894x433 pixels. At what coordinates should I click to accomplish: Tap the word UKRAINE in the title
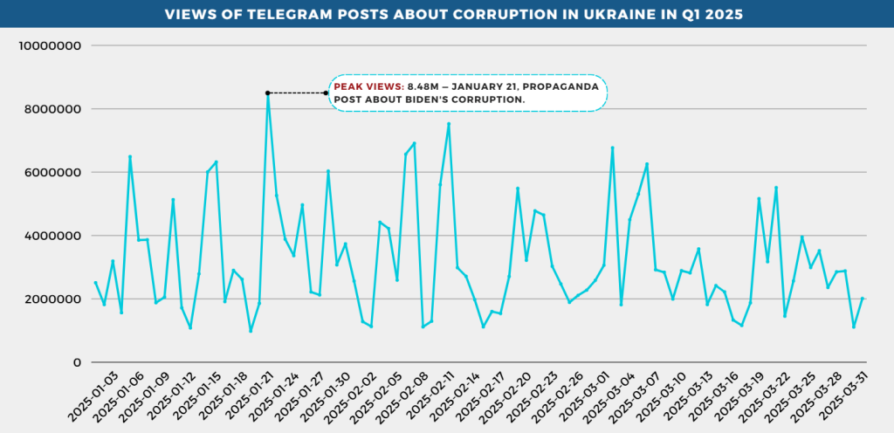tap(614, 15)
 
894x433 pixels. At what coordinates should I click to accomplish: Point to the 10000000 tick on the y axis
tap(50, 45)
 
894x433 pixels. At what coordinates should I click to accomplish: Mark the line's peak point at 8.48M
tap(268, 93)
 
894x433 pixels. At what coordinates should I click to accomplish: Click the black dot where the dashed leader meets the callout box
tap(327, 93)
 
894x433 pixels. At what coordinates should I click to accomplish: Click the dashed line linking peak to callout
tap(297, 93)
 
